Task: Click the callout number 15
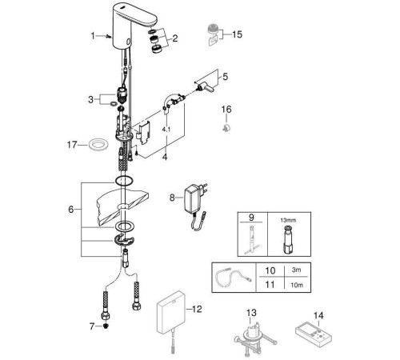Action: (x=237, y=34)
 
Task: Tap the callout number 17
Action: (x=72, y=145)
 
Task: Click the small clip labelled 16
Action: (x=226, y=128)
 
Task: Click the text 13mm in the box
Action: (x=288, y=220)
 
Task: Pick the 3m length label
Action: (x=296, y=270)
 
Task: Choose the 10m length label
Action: (x=297, y=285)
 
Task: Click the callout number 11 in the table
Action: (x=270, y=285)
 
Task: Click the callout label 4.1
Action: (x=166, y=130)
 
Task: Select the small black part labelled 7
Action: (x=106, y=326)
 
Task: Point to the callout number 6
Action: (x=70, y=210)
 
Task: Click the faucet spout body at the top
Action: (x=134, y=26)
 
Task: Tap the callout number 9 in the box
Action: (x=251, y=218)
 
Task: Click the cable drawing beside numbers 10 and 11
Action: (x=234, y=278)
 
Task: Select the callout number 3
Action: (x=90, y=100)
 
